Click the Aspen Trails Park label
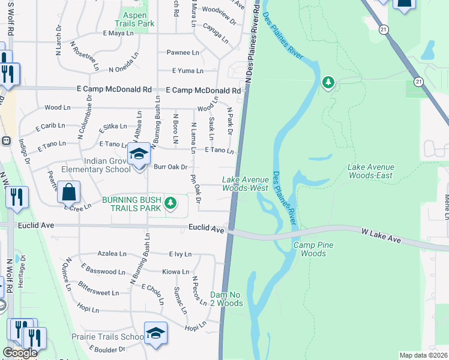(x=139, y=19)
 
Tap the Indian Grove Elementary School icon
(x=139, y=155)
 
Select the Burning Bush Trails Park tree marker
(x=171, y=203)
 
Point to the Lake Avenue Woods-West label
(x=245, y=184)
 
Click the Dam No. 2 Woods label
(x=227, y=299)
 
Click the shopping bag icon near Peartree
(x=69, y=193)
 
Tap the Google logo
(x=20, y=353)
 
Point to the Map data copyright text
(x=423, y=355)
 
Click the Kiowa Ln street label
(x=176, y=272)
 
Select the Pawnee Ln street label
(x=182, y=53)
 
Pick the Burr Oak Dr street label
(x=170, y=167)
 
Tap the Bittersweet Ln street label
(x=98, y=293)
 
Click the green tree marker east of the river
(x=328, y=82)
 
